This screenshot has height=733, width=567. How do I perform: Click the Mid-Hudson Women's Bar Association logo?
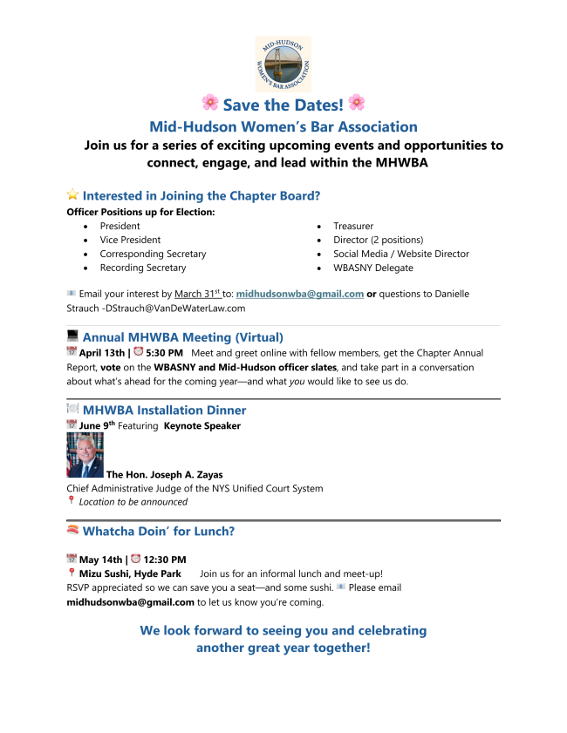pyautogui.click(x=283, y=64)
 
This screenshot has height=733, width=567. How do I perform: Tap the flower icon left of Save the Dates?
pyautogui.click(x=209, y=103)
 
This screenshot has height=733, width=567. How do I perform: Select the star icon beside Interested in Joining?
pyautogui.click(x=72, y=196)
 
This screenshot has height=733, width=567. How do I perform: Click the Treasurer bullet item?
pyautogui.click(x=353, y=226)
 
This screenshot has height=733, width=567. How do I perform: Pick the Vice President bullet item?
pyautogui.click(x=130, y=240)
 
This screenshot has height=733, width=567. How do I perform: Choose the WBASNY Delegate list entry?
pyautogui.click(x=372, y=268)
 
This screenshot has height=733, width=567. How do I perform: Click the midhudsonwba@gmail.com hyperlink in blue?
pyautogui.click(x=299, y=295)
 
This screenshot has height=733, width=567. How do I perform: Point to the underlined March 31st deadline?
pyautogui.click(x=197, y=295)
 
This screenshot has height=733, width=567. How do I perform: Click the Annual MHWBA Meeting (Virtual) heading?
pyautogui.click(x=182, y=336)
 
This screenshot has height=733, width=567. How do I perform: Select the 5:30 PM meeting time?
pyautogui.click(x=164, y=352)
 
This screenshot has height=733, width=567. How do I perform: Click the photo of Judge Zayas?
pyautogui.click(x=85, y=455)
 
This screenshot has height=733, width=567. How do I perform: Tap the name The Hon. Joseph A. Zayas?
pyautogui.click(x=163, y=475)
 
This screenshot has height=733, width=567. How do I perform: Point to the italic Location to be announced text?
pyautogui.click(x=133, y=501)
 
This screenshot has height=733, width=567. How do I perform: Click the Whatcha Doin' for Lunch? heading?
pyautogui.click(x=159, y=531)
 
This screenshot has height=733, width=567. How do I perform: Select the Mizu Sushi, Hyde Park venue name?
pyautogui.click(x=130, y=574)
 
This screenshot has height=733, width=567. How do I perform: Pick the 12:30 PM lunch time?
pyautogui.click(x=164, y=560)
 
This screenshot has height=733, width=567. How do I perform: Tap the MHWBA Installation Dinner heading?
pyautogui.click(x=164, y=410)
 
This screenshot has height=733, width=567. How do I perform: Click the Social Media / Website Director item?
pyautogui.click(x=400, y=254)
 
